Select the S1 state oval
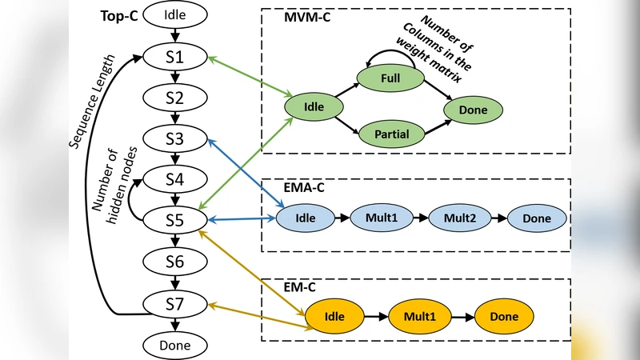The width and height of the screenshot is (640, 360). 175,57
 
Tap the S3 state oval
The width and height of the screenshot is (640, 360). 175,139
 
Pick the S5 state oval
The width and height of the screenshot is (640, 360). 175,219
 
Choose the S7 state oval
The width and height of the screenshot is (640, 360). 175,303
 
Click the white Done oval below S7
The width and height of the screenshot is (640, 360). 175,345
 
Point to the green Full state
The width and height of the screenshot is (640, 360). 390,78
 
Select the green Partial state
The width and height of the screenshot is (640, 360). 390,134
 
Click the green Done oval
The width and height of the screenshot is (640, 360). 473,109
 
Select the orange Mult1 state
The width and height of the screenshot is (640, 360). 420,316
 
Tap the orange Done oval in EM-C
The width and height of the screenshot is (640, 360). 505,316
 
